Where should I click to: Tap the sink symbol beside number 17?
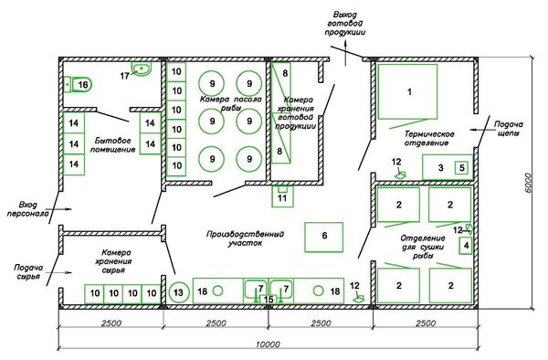142,69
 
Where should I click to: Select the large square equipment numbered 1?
407,91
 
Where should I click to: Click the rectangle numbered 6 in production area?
323,237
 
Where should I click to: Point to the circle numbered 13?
179,291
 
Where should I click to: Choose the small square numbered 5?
461,168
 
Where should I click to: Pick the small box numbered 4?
466,246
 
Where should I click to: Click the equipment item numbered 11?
282,196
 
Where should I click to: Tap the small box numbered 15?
269,300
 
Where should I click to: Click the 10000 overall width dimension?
268,344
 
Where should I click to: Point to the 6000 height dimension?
528,183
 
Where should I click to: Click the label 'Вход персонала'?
28,209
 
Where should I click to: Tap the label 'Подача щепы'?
509,129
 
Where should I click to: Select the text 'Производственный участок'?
245,238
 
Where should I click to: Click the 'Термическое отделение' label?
429,138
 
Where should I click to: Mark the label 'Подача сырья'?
28,271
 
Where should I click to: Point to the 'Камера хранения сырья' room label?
113,261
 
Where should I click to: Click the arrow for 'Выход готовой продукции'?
345,52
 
